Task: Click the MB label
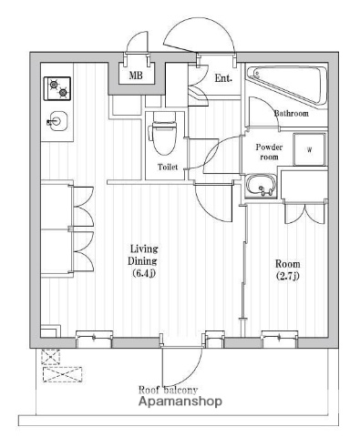click(x=136, y=75)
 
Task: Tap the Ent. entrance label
click(x=223, y=78)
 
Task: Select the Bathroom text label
click(x=292, y=114)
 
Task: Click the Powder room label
click(x=269, y=152)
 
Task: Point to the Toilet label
click(x=168, y=167)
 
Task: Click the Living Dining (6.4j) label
click(x=143, y=261)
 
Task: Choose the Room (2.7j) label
click(x=288, y=269)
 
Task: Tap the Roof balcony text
click(x=168, y=390)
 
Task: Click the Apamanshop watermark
click(x=180, y=401)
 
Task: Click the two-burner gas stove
click(x=57, y=88)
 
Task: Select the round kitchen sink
click(x=57, y=121)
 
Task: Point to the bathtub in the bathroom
click(x=287, y=85)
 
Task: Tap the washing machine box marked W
click(x=309, y=149)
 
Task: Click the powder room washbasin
click(x=262, y=186)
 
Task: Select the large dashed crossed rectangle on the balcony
click(x=63, y=374)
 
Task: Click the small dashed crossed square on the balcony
click(x=51, y=357)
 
